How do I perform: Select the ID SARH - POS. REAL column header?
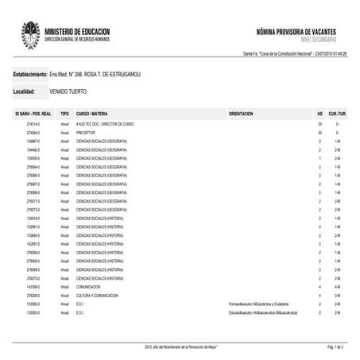tap(33, 114)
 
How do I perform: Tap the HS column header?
tap(319, 114)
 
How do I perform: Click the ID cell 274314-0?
tap(33, 126)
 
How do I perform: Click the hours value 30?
tap(319, 133)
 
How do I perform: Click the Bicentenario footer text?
tap(180, 347)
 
